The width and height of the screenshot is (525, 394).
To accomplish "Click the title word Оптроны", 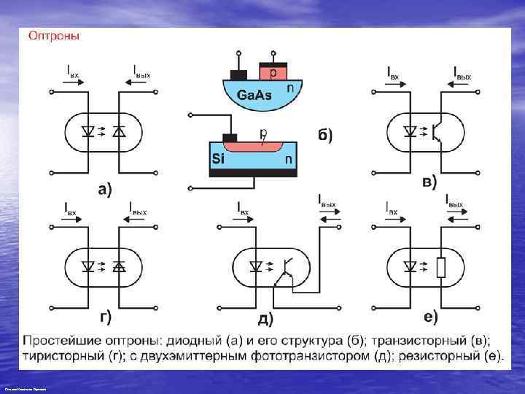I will [54, 34].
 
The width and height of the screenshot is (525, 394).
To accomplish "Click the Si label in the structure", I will [218, 157].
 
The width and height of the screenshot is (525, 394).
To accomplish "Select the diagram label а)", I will [105, 189].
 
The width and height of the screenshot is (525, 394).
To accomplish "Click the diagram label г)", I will [105, 316].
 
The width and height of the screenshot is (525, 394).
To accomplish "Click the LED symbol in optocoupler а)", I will [89, 132].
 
